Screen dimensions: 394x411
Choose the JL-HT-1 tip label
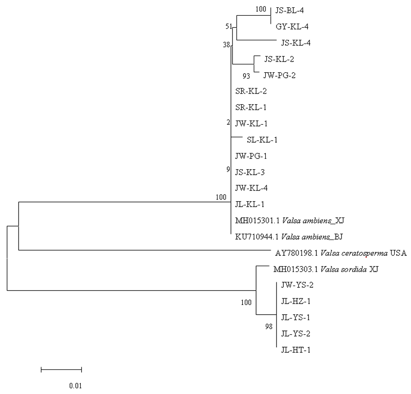295,350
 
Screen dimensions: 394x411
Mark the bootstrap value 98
270,327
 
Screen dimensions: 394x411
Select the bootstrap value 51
228,27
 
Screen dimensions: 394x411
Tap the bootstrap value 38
226,45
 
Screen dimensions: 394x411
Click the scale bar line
61,369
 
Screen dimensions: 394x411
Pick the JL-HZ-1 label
295,301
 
